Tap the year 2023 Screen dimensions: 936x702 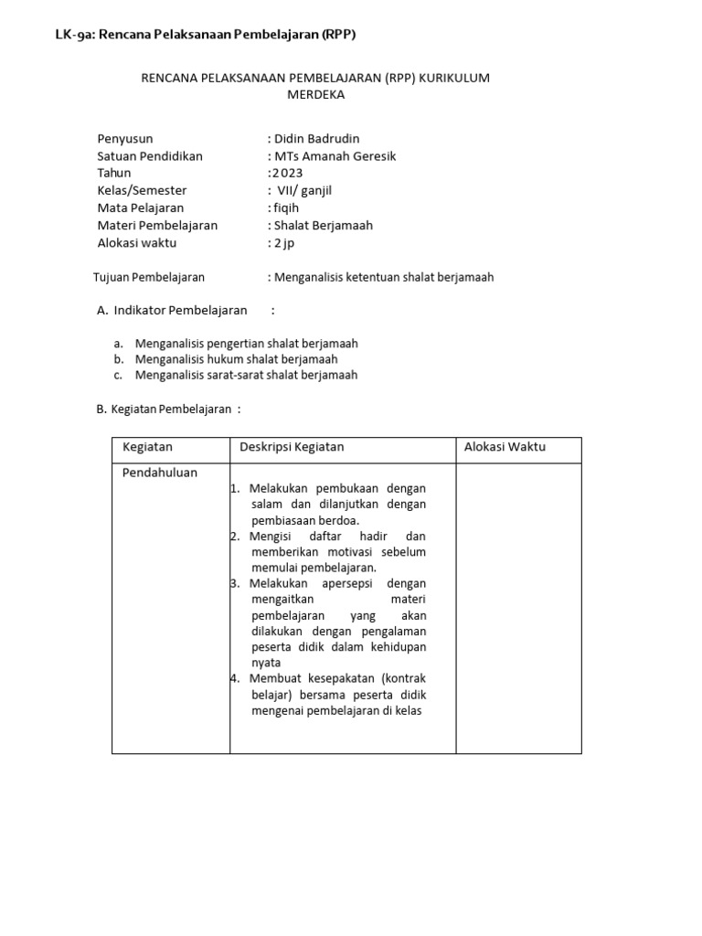tap(287, 174)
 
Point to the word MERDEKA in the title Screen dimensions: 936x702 tap(315, 95)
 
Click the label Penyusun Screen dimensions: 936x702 tap(125, 139)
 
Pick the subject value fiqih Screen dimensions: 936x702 tap(286, 208)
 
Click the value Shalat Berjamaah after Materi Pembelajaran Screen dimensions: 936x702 tap(324, 226)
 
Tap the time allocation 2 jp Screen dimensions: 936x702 tap(284, 243)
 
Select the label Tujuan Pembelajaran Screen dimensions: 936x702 tap(149, 277)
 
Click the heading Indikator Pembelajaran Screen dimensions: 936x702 tap(180, 311)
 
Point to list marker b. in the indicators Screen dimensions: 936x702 tap(119, 359)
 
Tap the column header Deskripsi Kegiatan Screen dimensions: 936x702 tap(292, 447)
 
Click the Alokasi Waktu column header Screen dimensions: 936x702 tap(505, 447)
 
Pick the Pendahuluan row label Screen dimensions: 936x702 tap(160, 473)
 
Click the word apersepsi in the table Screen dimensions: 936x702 tap(342, 583)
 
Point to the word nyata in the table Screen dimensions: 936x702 tap(266, 663)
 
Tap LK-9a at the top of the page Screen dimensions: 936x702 tap(75, 35)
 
